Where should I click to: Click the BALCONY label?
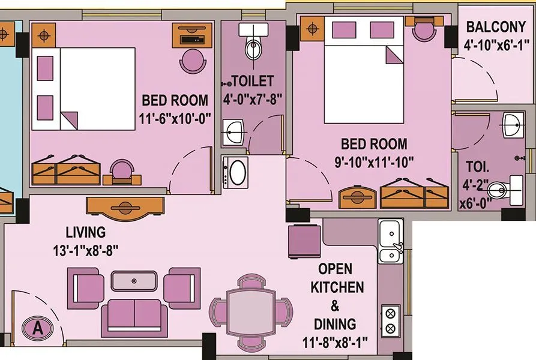496,26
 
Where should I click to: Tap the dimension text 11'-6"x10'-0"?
175,119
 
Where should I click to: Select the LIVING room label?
86,232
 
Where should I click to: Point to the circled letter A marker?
38,328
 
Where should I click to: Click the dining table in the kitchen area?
251,312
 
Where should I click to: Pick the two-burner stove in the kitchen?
390,321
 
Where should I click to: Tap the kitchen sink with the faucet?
391,242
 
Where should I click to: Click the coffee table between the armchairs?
134,281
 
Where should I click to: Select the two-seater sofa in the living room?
134,318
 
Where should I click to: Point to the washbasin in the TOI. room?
513,125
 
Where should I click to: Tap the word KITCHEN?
337,287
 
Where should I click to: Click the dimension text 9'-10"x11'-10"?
374,162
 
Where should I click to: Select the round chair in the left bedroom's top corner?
193,61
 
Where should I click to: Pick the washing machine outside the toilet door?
235,172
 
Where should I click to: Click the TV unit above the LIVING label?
125,208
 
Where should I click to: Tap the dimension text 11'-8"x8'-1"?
335,342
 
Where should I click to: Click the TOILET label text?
253,81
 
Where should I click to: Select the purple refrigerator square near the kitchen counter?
304,241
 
